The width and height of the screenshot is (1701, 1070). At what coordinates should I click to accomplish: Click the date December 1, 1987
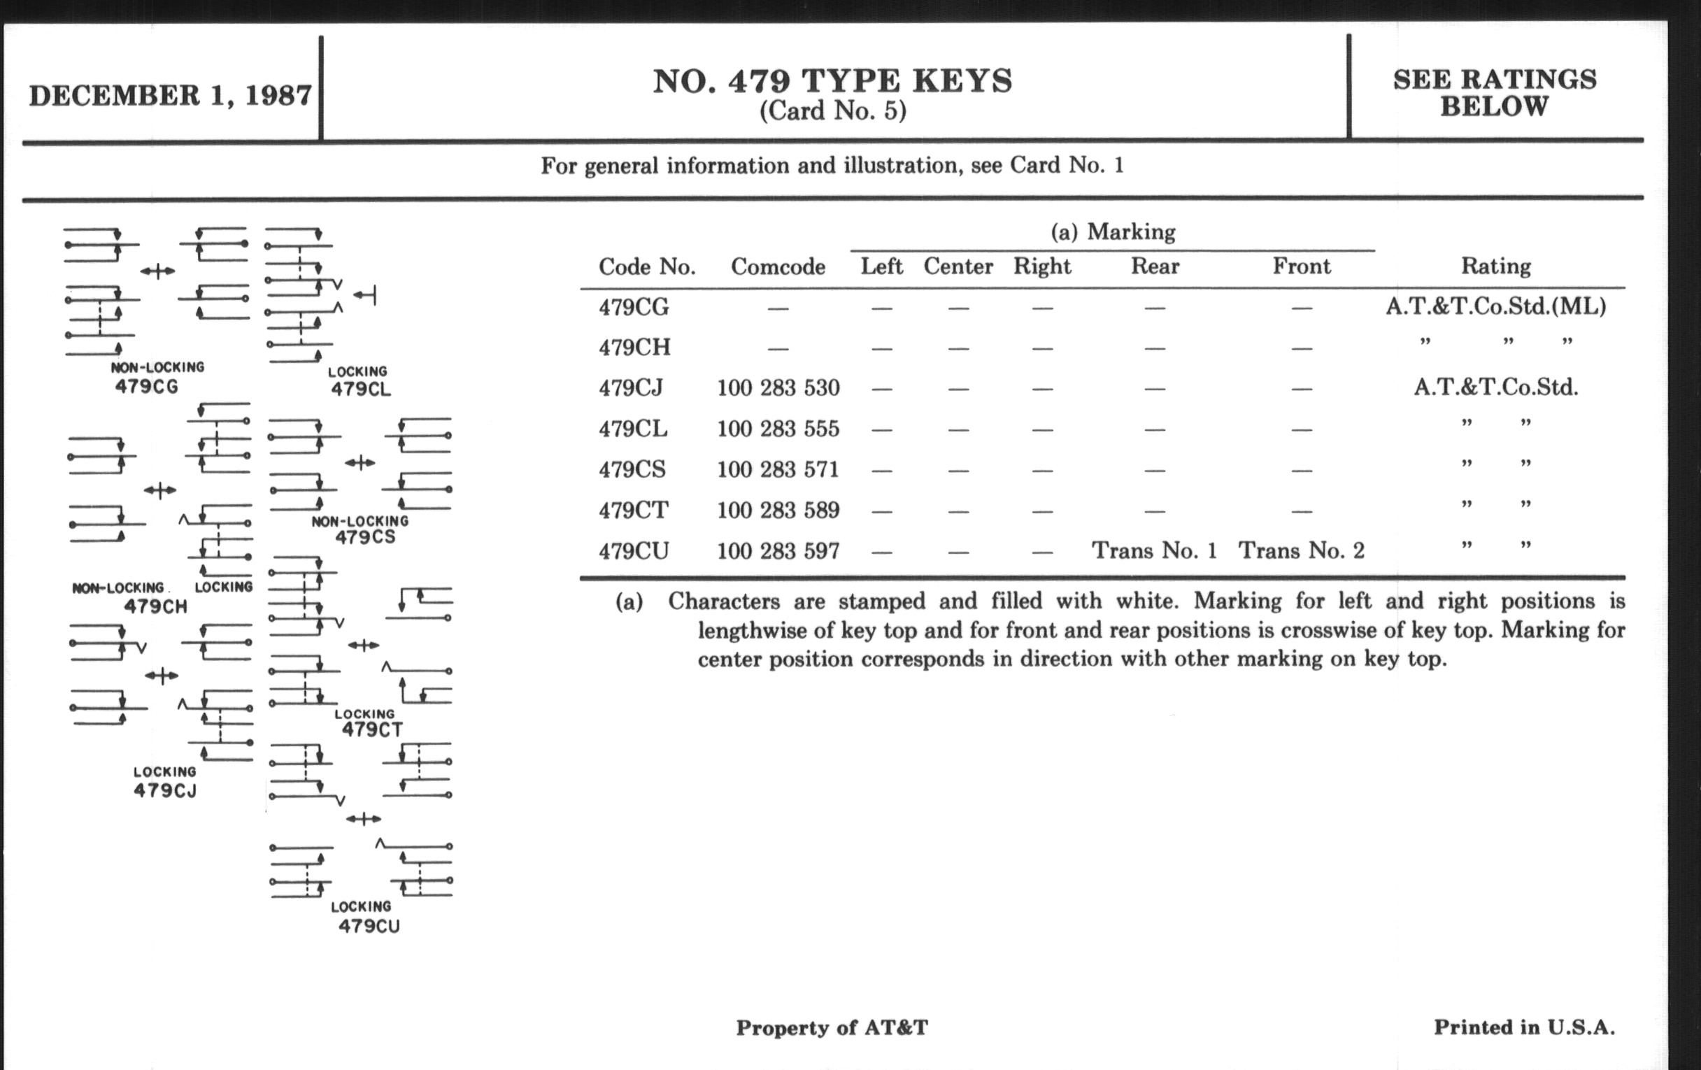coord(169,96)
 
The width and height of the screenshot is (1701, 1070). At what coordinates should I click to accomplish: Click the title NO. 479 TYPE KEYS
coord(832,81)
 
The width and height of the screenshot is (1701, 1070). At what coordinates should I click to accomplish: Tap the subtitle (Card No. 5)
coord(832,111)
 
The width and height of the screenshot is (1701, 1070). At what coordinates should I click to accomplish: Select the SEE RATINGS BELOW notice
coord(1494,93)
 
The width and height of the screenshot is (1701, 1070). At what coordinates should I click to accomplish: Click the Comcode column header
coord(778,267)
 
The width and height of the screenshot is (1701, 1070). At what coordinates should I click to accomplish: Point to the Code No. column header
coord(646,267)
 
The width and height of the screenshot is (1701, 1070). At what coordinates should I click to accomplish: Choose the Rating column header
coord(1495,266)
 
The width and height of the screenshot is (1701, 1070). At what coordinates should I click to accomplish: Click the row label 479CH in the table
coord(634,348)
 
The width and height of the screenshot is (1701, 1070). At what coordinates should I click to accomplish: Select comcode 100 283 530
coord(778,387)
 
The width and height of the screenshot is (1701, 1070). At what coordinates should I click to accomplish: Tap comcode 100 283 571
coord(778,470)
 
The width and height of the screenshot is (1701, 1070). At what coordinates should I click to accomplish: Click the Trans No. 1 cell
coord(1154,551)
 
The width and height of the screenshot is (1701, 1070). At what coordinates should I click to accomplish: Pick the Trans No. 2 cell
coord(1301,551)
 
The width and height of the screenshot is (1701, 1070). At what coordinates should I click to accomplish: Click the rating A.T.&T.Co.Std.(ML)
coord(1495,306)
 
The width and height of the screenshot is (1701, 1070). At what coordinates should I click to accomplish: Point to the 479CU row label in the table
coord(634,551)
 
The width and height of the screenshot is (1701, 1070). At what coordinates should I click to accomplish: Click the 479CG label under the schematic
coord(146,387)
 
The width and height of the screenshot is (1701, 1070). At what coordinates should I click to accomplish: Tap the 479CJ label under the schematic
coord(165,790)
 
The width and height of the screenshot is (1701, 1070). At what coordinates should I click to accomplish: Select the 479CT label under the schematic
coord(371,729)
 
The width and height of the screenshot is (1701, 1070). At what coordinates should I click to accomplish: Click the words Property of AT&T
coord(832,1027)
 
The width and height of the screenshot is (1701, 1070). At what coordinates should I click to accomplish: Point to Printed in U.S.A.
coord(1523,1027)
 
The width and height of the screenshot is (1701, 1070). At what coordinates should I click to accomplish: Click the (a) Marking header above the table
coord(1113,231)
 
